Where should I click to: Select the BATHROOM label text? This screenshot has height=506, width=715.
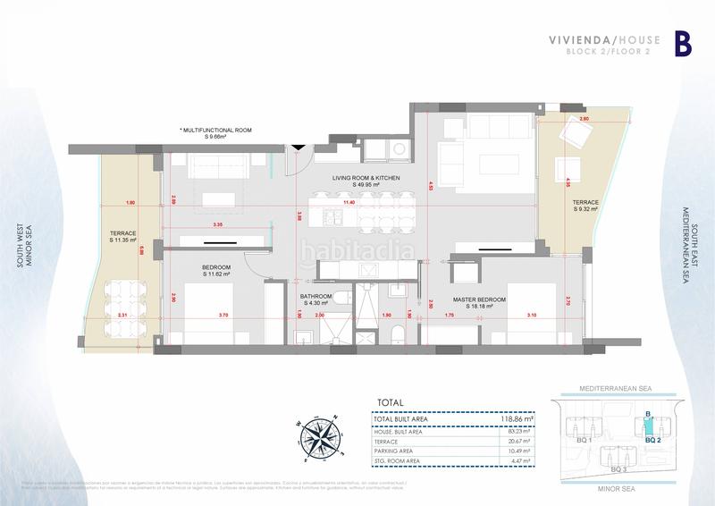[x=317, y=297]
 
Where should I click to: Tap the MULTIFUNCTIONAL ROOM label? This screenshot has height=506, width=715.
[x=215, y=131]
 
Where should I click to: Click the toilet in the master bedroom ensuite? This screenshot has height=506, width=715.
[x=397, y=333]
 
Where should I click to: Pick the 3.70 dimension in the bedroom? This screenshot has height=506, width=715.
[x=223, y=316]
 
